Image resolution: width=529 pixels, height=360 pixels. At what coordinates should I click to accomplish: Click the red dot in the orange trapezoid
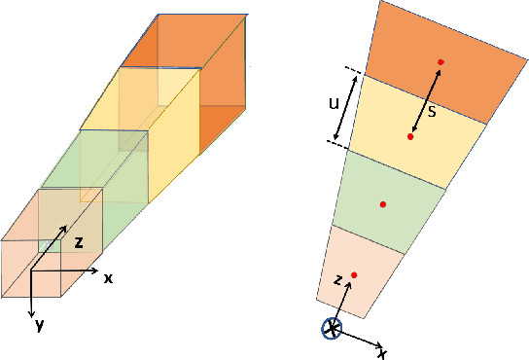click(441, 62)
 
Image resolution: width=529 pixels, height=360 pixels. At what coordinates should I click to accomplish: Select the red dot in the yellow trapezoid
click(411, 137)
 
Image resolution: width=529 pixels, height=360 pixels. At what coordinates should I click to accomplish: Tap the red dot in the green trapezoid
click(383, 204)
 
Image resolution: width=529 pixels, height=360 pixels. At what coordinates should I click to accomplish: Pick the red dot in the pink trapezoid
click(354, 274)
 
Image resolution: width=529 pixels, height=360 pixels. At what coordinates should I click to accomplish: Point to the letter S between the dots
click(433, 111)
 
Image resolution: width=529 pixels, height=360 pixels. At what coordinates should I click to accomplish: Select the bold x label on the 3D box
click(108, 277)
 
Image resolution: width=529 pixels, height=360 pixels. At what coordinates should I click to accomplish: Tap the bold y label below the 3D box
click(39, 325)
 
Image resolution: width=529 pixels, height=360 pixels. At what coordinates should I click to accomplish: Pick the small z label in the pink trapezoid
click(337, 281)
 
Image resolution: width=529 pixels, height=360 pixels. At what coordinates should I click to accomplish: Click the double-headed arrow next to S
click(425, 100)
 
